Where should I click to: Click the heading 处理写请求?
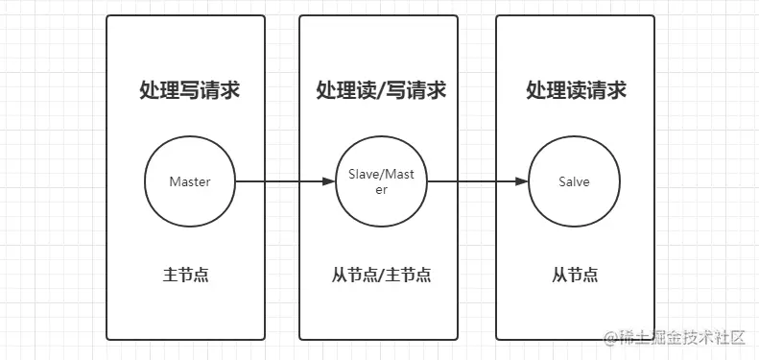point(189,91)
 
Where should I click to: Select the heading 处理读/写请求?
point(381,91)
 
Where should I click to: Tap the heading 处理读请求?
point(576,91)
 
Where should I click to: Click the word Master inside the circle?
point(189,181)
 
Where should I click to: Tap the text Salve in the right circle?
point(574,181)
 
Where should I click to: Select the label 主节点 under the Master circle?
point(186,276)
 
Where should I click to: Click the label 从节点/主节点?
point(381,276)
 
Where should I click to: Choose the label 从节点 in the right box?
point(575,276)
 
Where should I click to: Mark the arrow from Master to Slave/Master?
point(283,181)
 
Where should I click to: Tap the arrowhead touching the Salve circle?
point(523,181)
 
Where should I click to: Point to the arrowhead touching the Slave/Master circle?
point(328,181)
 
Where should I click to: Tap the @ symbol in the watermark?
point(608,338)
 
